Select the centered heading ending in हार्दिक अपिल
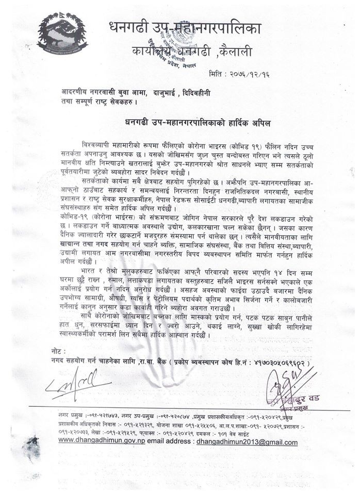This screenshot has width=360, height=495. (x=198, y=123)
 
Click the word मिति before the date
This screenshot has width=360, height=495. (x=219, y=74)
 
